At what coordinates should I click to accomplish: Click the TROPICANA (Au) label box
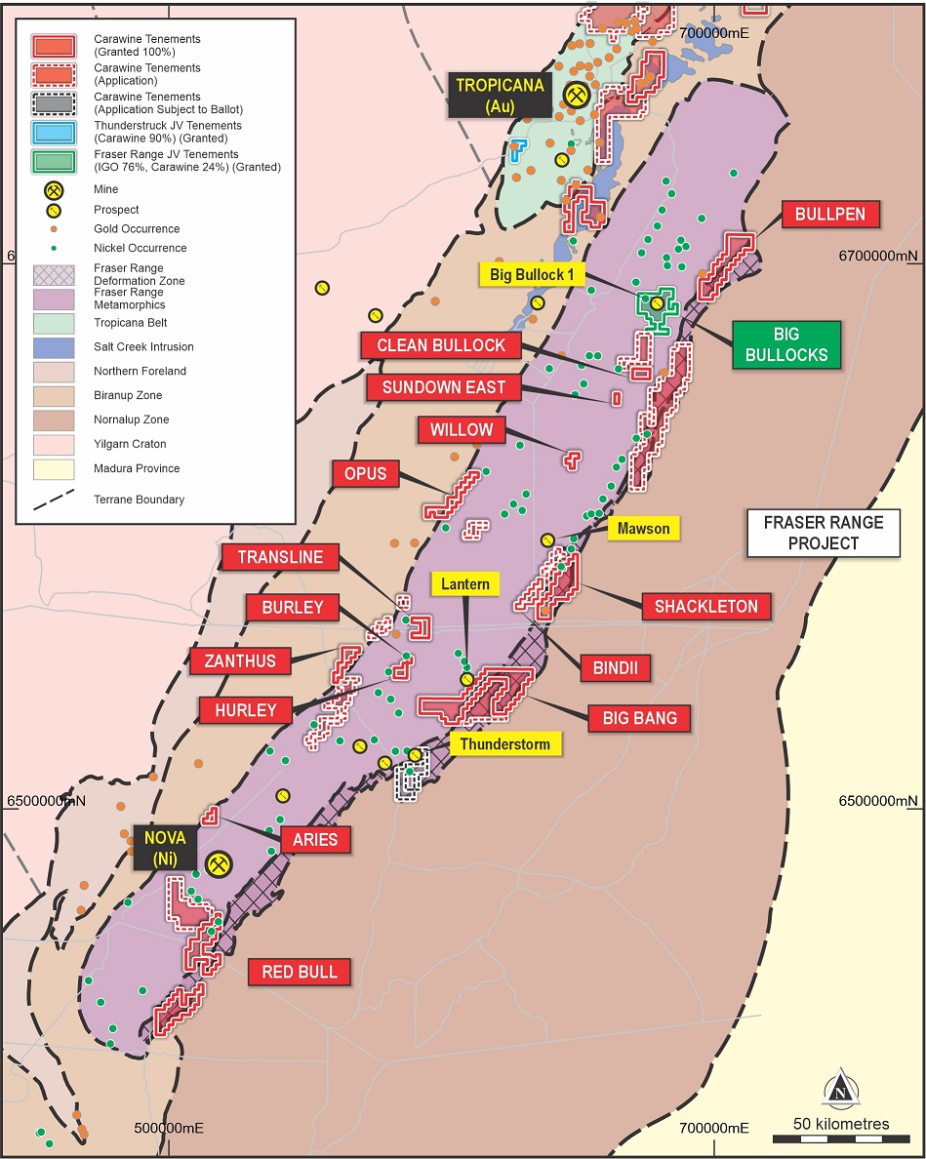tap(500, 95)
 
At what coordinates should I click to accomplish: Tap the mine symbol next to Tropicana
tap(577, 95)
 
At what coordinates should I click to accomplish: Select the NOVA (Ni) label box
tap(165, 849)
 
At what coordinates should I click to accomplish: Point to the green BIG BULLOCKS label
tap(786, 344)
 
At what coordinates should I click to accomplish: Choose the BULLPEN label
tap(830, 215)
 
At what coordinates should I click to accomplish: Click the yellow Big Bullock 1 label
tap(528, 274)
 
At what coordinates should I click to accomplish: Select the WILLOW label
tap(462, 429)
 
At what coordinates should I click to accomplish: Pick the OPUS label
tap(366, 474)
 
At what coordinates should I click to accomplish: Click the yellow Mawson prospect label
tap(644, 529)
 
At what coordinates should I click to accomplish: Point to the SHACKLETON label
tap(705, 606)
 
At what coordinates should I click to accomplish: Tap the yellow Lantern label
tap(465, 584)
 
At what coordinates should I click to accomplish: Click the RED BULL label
tap(300, 972)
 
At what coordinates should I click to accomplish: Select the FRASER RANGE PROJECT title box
tap(824, 533)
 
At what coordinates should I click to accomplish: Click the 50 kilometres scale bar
tap(840, 1139)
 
